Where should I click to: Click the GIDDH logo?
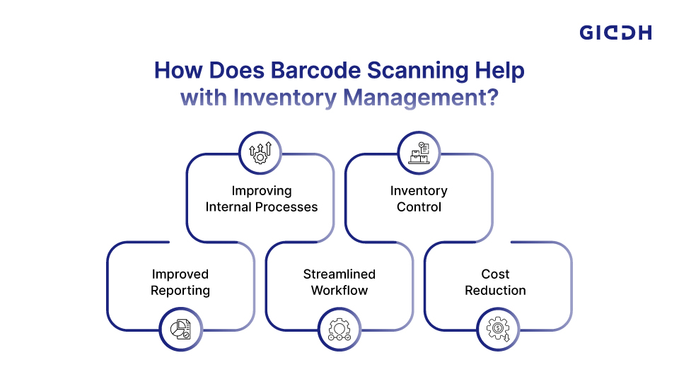[x=615, y=33]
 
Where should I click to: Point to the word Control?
[x=419, y=207]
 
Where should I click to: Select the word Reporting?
[x=180, y=291]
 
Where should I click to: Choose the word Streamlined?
[x=339, y=274]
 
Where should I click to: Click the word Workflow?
[x=339, y=291]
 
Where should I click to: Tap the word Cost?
[x=495, y=274]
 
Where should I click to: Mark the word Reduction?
[x=495, y=291]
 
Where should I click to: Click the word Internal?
[x=228, y=207]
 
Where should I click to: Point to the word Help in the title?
[x=500, y=71]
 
